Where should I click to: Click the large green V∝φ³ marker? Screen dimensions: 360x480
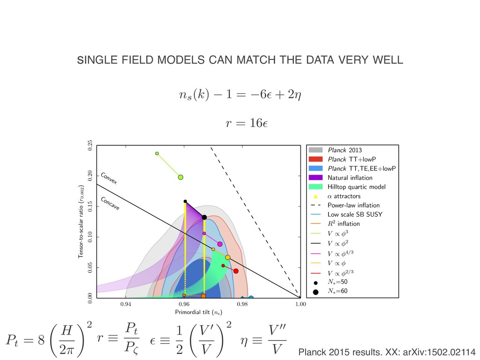point(180,177)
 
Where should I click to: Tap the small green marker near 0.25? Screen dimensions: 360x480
point(157,153)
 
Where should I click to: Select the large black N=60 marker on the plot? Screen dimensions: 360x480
point(204,217)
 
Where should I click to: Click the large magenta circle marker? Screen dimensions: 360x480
point(220,244)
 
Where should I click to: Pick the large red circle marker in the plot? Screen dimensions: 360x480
point(236,271)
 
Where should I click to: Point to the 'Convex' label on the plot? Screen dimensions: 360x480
point(109,179)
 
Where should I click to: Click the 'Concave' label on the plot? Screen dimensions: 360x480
point(110,203)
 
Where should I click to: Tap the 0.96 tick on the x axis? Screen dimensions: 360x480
point(184,305)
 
